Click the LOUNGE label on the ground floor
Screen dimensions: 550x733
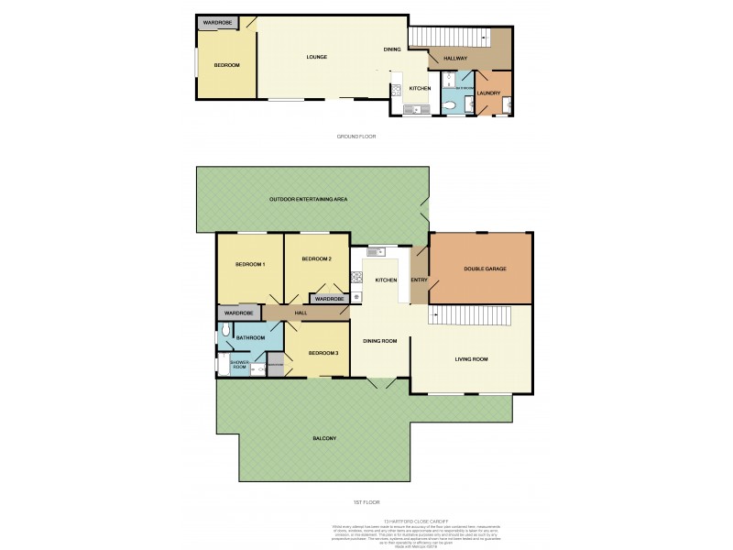pos(316,57)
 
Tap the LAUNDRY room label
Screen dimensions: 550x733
pos(487,93)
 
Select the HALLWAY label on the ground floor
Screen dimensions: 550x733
pos(455,59)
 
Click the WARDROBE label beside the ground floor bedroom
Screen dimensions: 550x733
pos(217,21)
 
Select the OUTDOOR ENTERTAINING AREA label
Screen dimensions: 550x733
pos(307,200)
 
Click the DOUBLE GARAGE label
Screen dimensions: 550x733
pos(485,269)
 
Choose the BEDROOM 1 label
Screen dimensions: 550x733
pos(249,265)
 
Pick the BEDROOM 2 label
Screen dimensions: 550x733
pos(316,259)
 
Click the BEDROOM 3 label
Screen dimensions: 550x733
pos(323,353)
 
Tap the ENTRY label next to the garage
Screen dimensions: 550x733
pos(419,280)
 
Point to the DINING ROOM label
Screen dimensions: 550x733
pos(379,341)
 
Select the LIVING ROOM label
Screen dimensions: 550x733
pos(471,359)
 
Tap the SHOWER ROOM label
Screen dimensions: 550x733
pos(238,364)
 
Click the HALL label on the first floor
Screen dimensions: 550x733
pos(300,313)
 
